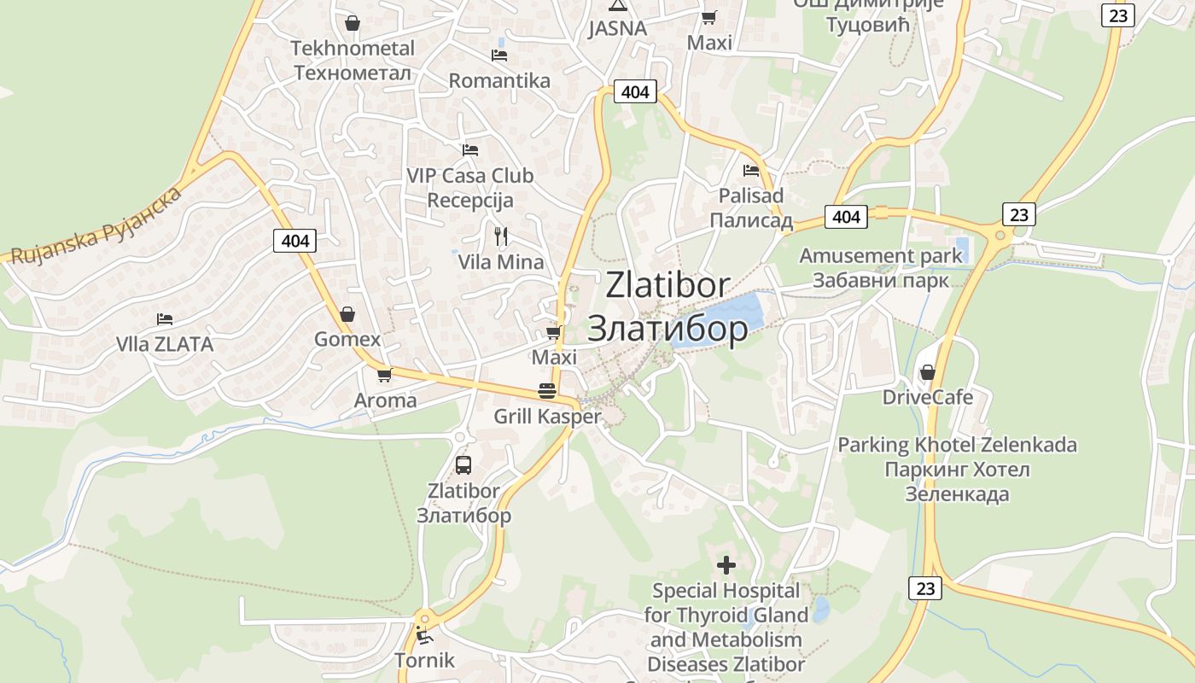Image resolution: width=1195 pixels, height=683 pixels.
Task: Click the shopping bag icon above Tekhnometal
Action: (x=352, y=23)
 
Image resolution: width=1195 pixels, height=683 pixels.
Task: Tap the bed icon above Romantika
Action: (x=499, y=55)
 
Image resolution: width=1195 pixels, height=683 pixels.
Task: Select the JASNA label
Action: (x=617, y=29)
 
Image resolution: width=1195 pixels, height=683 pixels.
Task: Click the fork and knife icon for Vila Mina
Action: (x=501, y=236)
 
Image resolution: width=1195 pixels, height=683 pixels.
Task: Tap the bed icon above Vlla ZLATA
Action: (x=165, y=319)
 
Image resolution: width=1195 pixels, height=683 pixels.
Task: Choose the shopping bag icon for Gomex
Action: (x=347, y=314)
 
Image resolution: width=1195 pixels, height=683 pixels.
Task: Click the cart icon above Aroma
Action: (x=385, y=375)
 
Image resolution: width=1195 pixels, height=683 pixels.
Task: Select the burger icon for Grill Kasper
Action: (x=547, y=391)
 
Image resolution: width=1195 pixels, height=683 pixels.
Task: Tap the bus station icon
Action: (x=463, y=465)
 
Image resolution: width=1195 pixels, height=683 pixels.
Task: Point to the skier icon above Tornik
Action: (x=423, y=635)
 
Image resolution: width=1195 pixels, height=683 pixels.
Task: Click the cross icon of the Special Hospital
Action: (x=726, y=565)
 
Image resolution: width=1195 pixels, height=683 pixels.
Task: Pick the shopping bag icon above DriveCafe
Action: (x=927, y=372)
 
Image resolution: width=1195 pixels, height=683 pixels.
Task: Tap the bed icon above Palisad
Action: (x=751, y=171)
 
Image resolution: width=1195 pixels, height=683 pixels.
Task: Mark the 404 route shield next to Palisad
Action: (x=846, y=217)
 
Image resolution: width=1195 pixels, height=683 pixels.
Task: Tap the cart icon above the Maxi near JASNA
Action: (x=709, y=17)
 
